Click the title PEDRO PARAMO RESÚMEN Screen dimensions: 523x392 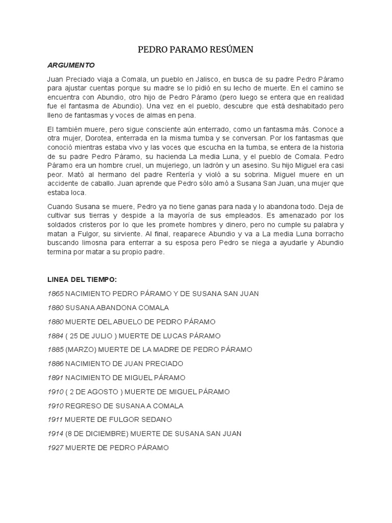[196, 50]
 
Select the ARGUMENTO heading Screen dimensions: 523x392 [71, 65]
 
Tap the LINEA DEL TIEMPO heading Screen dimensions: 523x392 [82, 279]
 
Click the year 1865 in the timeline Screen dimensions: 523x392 [55, 294]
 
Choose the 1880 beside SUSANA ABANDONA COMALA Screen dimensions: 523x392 [55, 307]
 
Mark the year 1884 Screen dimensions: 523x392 [55, 336]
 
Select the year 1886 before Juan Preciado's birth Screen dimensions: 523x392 [55, 364]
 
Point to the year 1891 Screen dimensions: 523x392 [55, 377]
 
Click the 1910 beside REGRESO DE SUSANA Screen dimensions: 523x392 [55, 406]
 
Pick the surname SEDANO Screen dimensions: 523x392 [155, 420]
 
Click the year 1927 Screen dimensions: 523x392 [55, 447]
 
